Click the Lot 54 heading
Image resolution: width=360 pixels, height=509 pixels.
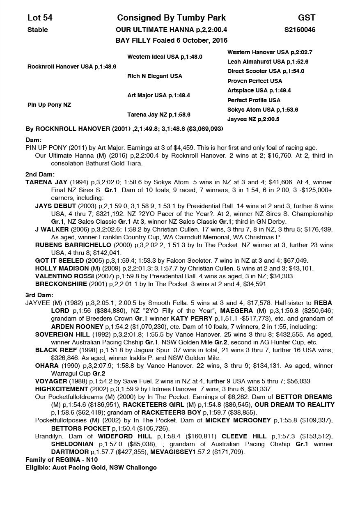(x=40, y=18)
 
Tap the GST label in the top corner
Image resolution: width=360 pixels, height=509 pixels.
(x=307, y=18)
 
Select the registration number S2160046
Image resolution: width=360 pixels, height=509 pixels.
(x=300, y=30)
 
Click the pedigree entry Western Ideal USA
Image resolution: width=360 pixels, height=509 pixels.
(x=165, y=57)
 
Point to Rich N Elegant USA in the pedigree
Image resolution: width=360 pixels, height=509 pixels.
(x=155, y=76)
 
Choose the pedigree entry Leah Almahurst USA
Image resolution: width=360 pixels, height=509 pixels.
(x=268, y=62)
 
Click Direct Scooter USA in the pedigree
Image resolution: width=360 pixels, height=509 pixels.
(x=266, y=71)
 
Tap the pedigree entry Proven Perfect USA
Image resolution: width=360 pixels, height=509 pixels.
(x=255, y=81)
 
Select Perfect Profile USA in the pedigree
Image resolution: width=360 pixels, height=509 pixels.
(x=254, y=100)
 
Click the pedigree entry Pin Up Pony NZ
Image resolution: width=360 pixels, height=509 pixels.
(x=49, y=105)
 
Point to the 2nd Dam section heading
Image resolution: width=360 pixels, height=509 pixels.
(x=40, y=174)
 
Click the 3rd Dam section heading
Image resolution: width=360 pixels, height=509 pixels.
(x=39, y=295)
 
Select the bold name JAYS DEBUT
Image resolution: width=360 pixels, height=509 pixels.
(x=55, y=206)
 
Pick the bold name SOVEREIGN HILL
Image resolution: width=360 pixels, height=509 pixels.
(x=62, y=335)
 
